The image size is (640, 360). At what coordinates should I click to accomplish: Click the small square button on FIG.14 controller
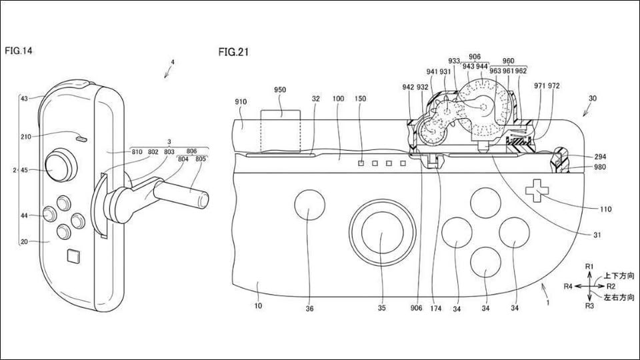tap(73, 255)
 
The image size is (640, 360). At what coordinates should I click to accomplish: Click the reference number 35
tap(381, 308)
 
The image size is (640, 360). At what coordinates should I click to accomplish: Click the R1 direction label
tap(589, 266)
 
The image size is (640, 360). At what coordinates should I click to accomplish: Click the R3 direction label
tap(589, 306)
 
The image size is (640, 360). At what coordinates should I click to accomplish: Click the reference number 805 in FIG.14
tap(200, 159)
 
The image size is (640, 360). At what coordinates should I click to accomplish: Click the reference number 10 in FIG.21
tap(257, 306)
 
